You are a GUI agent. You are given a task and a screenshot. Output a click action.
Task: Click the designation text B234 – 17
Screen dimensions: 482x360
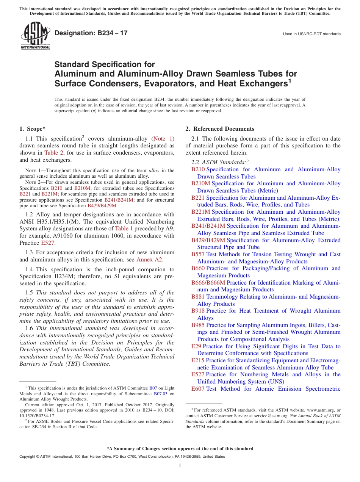coord(91,33)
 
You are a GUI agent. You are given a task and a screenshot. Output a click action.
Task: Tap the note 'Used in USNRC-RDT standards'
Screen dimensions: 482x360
coord(311,34)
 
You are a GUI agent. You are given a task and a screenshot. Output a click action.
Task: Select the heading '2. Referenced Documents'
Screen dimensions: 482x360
coord(220,129)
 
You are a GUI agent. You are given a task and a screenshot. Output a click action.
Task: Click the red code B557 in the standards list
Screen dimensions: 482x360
coord(198,254)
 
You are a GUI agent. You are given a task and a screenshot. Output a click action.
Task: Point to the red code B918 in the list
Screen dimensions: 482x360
coord(198,311)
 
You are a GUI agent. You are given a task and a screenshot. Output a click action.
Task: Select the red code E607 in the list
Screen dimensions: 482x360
coord(198,389)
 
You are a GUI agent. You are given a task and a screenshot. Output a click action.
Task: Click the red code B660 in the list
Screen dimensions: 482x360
coord(198,268)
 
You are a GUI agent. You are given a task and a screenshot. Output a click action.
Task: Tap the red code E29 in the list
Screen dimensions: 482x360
coord(196,346)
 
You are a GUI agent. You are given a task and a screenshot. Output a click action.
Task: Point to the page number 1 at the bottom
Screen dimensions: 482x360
coord(180,466)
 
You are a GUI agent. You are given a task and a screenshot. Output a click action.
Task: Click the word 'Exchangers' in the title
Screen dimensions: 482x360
coord(258,83)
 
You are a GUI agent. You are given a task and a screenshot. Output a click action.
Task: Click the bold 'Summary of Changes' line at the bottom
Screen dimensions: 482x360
coord(180,449)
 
